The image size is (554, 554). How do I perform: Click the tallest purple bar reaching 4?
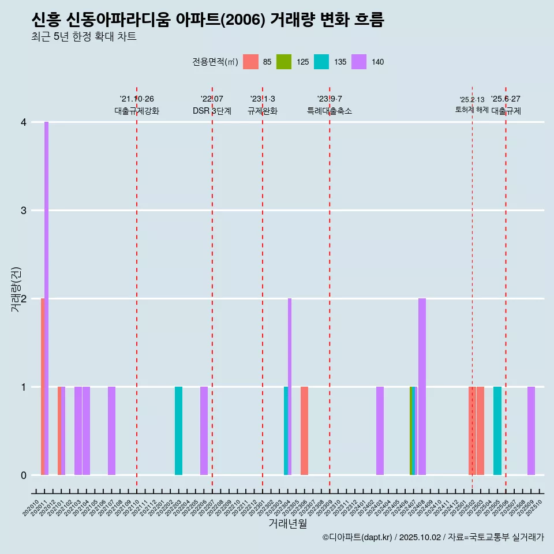click(46, 298)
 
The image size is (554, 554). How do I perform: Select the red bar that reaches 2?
click(43, 387)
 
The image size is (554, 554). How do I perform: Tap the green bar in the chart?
click(411, 431)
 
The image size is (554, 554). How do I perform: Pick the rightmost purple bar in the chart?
click(531, 431)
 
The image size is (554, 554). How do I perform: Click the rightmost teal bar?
click(497, 431)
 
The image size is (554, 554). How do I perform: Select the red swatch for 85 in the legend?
click(250, 62)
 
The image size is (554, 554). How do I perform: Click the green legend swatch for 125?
click(284, 62)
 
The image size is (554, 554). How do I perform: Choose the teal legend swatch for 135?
click(321, 62)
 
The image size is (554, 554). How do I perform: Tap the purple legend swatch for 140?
click(359, 62)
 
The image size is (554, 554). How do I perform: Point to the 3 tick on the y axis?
click(24, 211)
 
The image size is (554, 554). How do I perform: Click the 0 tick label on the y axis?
click(24, 476)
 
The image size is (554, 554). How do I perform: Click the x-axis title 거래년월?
click(287, 523)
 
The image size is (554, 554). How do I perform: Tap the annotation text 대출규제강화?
click(137, 111)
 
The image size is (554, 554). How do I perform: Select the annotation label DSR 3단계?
click(212, 111)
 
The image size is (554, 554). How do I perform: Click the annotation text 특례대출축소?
click(330, 111)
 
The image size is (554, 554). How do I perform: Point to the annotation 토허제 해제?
click(472, 110)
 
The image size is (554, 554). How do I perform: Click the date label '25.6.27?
click(506, 99)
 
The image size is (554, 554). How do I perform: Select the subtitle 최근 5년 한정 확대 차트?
click(84, 37)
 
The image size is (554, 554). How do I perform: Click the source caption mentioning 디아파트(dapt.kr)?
click(433, 537)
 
